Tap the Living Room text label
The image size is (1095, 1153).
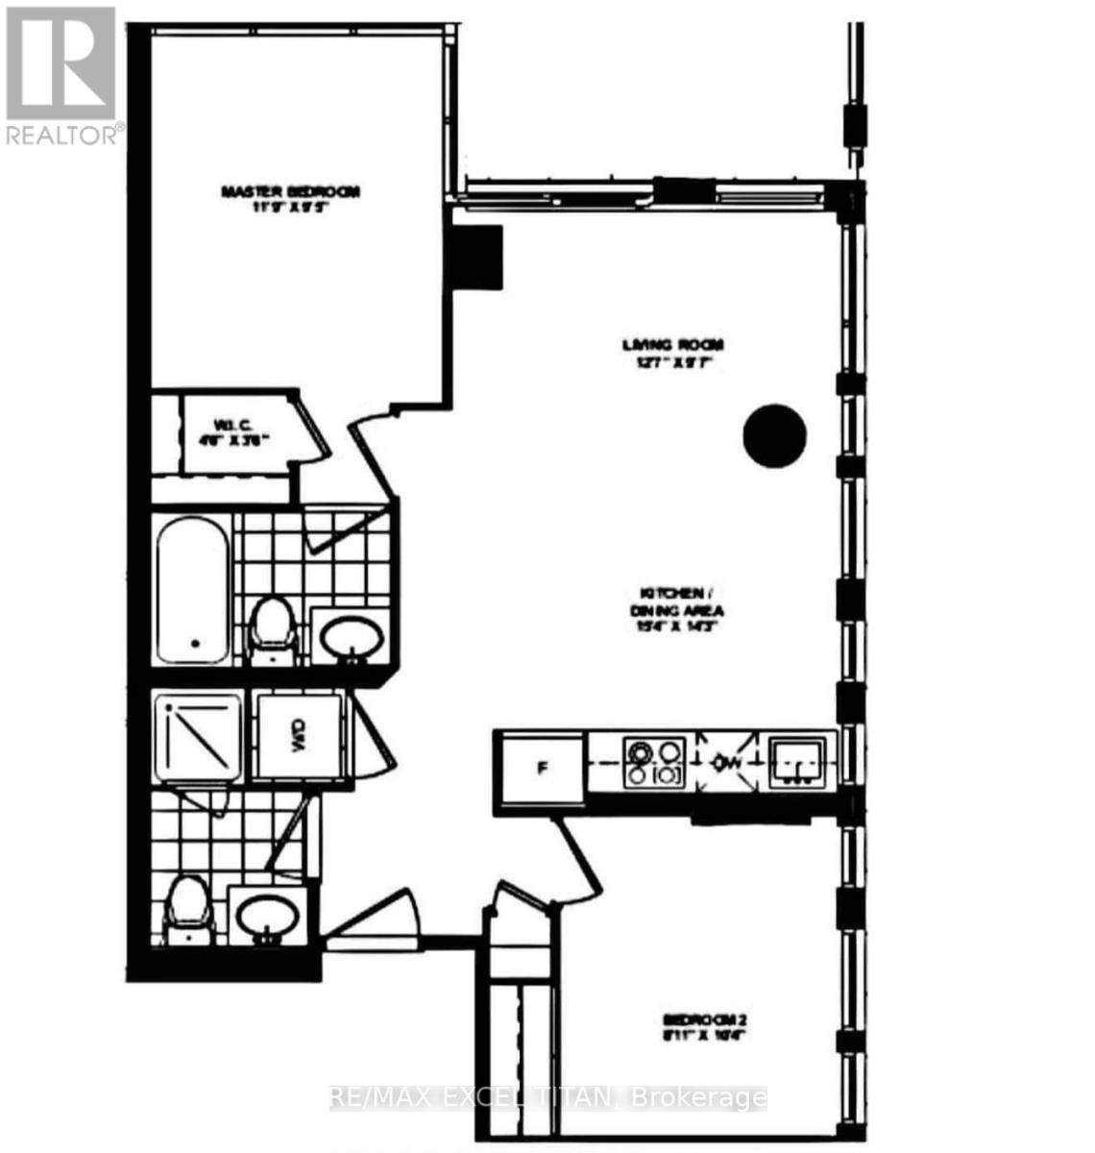coord(671,353)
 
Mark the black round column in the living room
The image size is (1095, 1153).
coord(774,436)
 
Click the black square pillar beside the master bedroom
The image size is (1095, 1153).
coord(477,257)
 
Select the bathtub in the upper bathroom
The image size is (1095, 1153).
coord(192,588)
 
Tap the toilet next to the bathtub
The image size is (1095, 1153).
coord(271,628)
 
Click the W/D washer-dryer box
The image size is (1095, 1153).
coord(296,736)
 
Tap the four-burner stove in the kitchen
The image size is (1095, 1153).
coord(654,763)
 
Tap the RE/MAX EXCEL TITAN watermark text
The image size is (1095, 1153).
coord(547,1097)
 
